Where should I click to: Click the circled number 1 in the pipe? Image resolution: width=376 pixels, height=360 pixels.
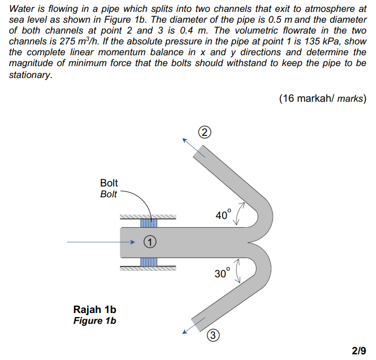tap(150, 241)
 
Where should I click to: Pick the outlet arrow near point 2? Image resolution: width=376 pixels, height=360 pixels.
tap(190, 146)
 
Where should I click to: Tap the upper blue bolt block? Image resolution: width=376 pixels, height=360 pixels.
tap(148, 223)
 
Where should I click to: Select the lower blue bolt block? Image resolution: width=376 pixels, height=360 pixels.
tap(148, 261)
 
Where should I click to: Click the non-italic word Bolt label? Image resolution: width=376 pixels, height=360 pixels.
tap(108, 183)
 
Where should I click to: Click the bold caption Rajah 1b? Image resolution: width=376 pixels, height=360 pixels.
tap(95, 310)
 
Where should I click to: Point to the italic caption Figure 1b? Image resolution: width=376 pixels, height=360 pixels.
tap(95, 321)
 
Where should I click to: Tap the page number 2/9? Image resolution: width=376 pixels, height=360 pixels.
tap(358, 351)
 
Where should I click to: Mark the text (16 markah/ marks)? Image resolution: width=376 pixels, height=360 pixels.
tap(322, 98)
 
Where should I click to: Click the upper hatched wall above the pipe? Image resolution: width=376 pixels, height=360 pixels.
tap(148, 216)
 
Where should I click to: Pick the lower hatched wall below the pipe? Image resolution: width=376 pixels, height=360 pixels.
tap(148, 268)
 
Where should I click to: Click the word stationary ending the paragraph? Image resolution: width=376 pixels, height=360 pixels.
tap(30, 74)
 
